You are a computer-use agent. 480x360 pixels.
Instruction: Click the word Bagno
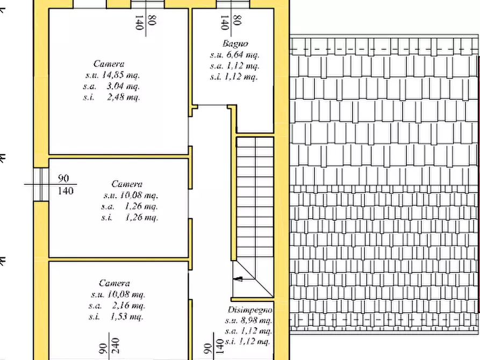[235, 44]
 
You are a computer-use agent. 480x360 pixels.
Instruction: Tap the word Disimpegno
[250, 310]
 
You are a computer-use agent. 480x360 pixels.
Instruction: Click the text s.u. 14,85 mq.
[113, 75]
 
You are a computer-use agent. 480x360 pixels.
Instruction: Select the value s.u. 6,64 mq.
[235, 55]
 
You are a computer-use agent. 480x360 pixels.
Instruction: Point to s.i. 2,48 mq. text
[111, 97]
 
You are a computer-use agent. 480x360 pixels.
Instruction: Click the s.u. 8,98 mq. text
[248, 321]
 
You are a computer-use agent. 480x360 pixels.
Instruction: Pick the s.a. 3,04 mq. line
[111, 87]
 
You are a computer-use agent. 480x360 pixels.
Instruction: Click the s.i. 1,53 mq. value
[116, 316]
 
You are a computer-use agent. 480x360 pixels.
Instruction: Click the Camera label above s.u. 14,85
[109, 64]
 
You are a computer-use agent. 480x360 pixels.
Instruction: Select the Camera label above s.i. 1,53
[114, 283]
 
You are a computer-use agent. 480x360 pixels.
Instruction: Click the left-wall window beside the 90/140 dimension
[41, 184]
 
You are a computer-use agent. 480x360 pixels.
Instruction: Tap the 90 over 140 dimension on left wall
[65, 185]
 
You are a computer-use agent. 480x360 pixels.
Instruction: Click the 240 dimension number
[116, 345]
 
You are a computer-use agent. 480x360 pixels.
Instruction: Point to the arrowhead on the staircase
[238, 279]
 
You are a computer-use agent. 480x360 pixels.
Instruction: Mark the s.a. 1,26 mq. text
[130, 207]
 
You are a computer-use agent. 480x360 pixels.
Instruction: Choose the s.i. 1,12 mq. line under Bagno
[234, 77]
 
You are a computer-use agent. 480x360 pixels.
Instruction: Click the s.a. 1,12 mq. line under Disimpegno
[248, 331]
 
